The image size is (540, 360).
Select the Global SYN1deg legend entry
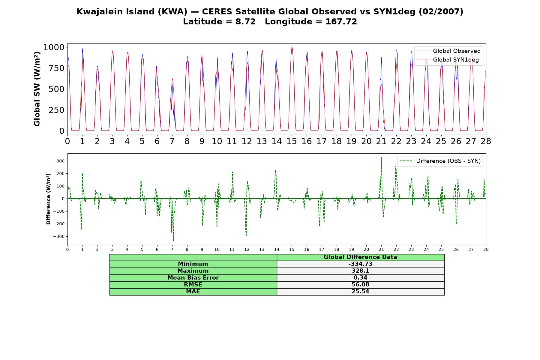[448, 60]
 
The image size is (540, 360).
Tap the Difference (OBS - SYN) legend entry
[440, 161]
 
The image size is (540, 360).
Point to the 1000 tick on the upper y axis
[54, 47]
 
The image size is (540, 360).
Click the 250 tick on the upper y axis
[57, 110]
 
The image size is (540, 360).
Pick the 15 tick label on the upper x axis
[292, 141]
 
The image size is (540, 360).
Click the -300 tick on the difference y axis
[59, 236]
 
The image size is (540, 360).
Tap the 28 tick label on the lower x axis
[486, 249]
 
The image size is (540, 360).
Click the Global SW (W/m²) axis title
[37, 89]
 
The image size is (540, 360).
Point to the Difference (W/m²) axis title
[48, 199]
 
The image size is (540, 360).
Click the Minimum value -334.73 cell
[360, 264]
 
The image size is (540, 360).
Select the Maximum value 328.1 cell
[360, 271]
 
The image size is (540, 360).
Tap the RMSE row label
[193, 285]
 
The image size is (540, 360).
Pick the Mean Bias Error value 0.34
[360, 278]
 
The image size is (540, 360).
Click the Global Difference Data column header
[360, 257]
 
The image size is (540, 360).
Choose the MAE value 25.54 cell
[360, 292]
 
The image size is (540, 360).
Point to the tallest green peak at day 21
[381, 157]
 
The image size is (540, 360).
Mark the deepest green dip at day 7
[173, 240]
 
